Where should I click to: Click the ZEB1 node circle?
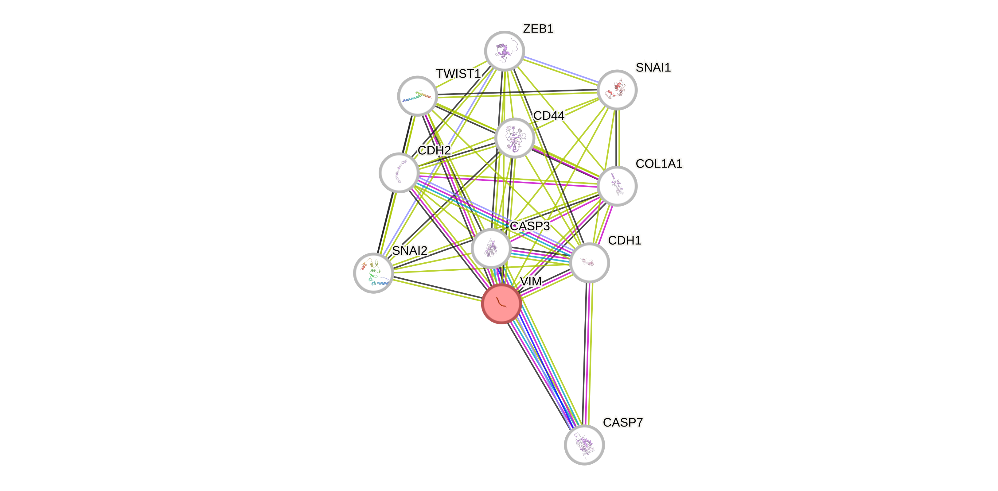click(504, 51)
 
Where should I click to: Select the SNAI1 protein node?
click(617, 90)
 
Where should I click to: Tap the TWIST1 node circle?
click(417, 96)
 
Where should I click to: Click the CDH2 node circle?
click(399, 173)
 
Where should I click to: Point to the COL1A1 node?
click(617, 186)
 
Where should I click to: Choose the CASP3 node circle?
click(491, 248)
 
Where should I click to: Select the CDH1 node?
click(589, 263)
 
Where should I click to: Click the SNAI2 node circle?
click(373, 273)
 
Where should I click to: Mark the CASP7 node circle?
click(584, 445)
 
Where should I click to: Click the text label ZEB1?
click(538, 29)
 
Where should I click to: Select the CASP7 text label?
click(622, 422)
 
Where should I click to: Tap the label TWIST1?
click(458, 74)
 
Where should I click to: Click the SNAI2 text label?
click(410, 250)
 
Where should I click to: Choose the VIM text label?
click(530, 281)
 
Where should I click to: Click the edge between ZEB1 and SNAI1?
click(561, 70)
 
